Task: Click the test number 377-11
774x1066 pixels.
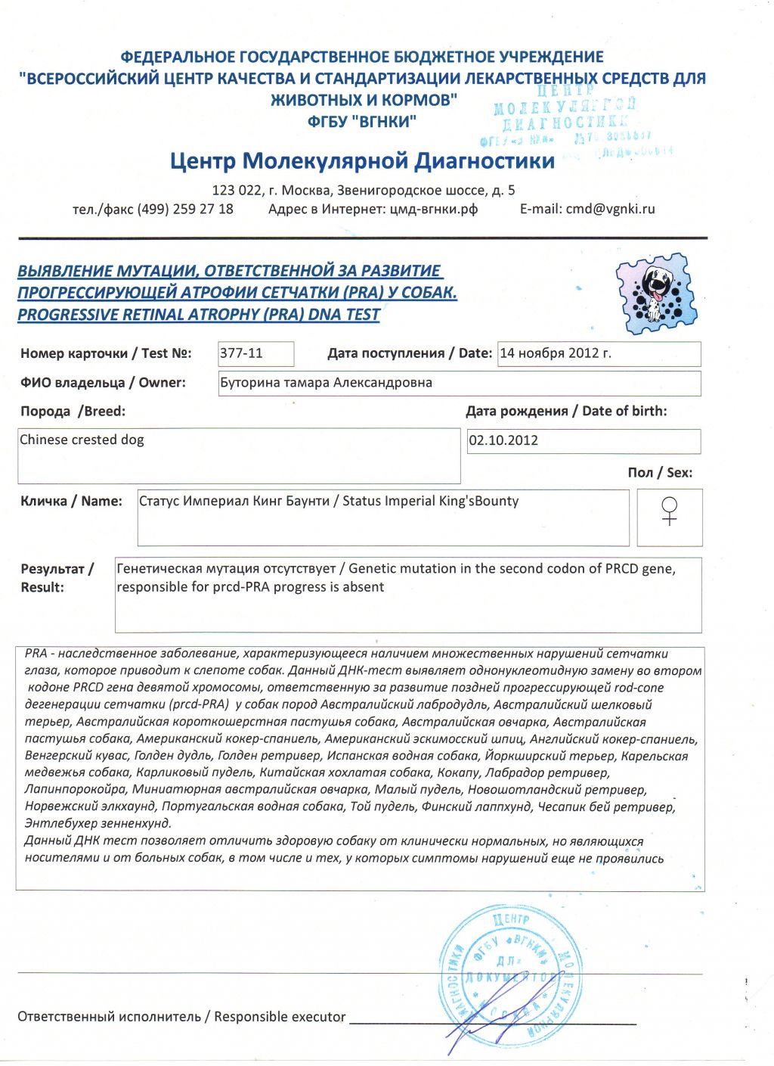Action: pyautogui.click(x=241, y=353)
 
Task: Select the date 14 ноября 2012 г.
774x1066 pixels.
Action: pyautogui.click(x=556, y=353)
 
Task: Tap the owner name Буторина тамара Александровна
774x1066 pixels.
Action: pyautogui.click(x=326, y=383)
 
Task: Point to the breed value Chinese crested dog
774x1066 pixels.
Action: pyautogui.click(x=82, y=440)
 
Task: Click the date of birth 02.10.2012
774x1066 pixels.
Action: pyautogui.click(x=503, y=441)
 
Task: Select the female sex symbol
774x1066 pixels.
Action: pyautogui.click(x=669, y=511)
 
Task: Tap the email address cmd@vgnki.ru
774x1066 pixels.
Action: pyautogui.click(x=610, y=210)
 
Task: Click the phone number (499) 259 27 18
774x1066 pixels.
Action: pyautogui.click(x=185, y=210)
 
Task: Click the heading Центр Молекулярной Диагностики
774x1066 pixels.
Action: pyautogui.click(x=362, y=161)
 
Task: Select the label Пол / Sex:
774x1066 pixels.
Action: pyautogui.click(x=659, y=473)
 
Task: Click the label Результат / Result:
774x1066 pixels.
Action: pyautogui.click(x=57, y=578)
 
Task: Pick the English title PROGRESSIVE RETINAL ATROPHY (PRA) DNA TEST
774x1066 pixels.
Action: pyautogui.click(x=199, y=315)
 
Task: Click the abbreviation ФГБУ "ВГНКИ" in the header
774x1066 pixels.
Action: pyautogui.click(x=362, y=121)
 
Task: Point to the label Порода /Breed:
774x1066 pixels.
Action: pyautogui.click(x=73, y=412)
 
